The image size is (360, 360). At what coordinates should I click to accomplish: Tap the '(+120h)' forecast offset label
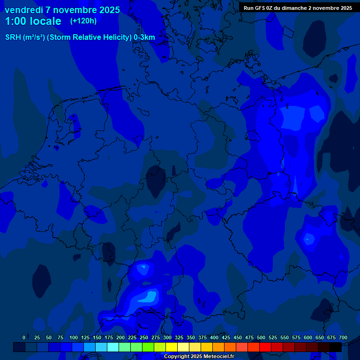pyautogui.click(x=83, y=21)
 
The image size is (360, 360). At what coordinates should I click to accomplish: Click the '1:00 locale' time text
pyautogui.click(x=33, y=21)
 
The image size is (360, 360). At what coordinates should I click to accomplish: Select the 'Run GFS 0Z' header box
pyautogui.click(x=298, y=8)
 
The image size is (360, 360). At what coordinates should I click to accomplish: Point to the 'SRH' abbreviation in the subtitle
pyautogui.click(x=13, y=37)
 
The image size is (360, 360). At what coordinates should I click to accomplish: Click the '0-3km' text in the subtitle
pyautogui.click(x=144, y=37)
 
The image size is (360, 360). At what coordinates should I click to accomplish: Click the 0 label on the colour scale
pyautogui.click(x=24, y=337)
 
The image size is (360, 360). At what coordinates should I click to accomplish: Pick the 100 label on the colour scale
pyautogui.click(x=74, y=337)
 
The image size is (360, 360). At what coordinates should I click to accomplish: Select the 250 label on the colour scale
pyautogui.click(x=144, y=337)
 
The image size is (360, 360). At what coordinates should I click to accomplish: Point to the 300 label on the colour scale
pyautogui.click(x=167, y=337)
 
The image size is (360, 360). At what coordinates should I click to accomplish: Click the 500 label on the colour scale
pyautogui.click(x=261, y=337)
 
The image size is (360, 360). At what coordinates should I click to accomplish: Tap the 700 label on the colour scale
pyautogui.click(x=343, y=337)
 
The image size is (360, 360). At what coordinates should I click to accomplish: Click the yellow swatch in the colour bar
pyautogui.click(x=172, y=347)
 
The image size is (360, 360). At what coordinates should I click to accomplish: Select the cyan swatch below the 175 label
pyautogui.click(x=113, y=347)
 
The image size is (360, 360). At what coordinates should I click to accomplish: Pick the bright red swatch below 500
pyautogui.click(x=265, y=347)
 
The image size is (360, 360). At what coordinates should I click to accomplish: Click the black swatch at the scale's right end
pyautogui.click(x=336, y=347)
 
